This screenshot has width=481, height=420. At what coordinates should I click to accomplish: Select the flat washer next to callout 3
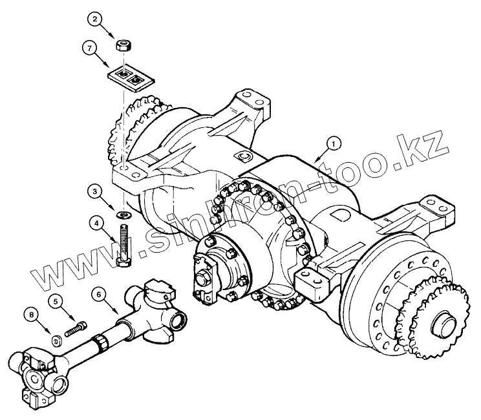coord(123,213)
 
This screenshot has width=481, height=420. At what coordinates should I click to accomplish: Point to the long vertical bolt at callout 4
coord(123,242)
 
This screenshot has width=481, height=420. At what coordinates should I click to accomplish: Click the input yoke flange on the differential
coord(206,274)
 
